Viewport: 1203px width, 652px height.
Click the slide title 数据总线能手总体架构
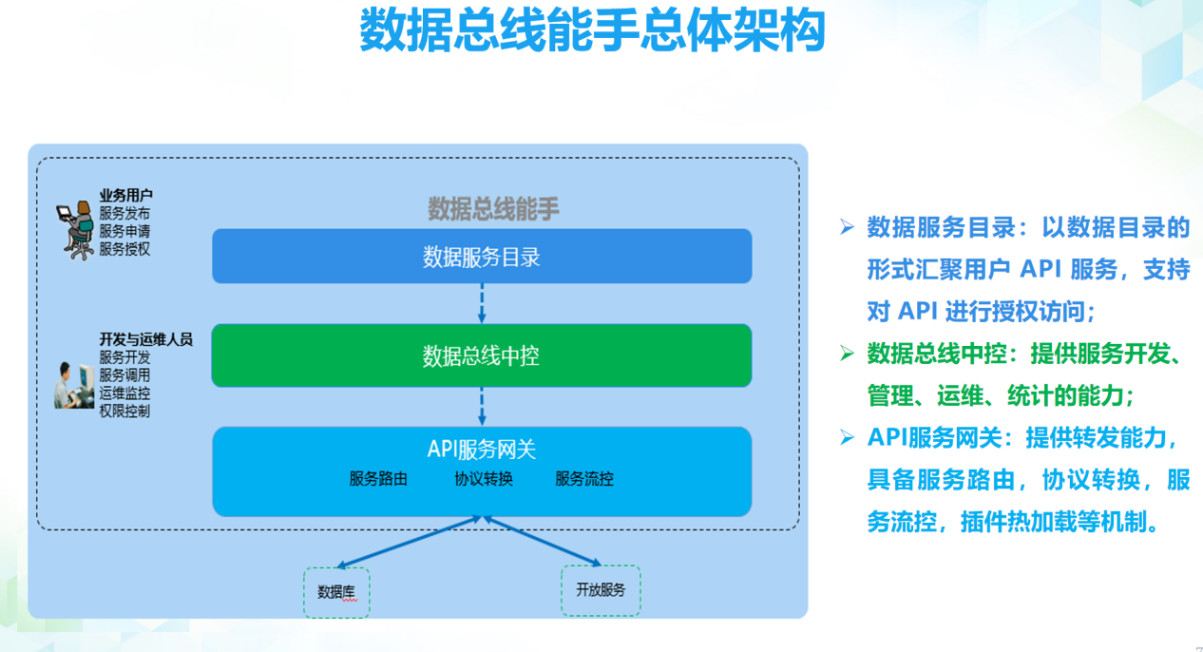(x=592, y=31)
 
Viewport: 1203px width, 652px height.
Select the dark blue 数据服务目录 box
(x=482, y=256)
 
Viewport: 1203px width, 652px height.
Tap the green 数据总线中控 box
(x=482, y=355)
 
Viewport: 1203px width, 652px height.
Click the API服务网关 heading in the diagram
(x=482, y=450)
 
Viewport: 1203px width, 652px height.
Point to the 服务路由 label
(x=378, y=479)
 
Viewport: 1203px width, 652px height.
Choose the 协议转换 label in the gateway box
(x=484, y=479)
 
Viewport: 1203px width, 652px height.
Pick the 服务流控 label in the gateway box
(x=584, y=479)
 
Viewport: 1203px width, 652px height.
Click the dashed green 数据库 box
(x=336, y=592)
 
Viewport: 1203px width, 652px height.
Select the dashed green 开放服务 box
(x=601, y=590)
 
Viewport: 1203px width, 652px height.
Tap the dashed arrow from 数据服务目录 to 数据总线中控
(x=482, y=303)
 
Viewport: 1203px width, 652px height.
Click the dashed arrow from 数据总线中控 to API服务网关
(x=482, y=407)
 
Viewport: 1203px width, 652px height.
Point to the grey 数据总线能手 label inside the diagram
(x=493, y=209)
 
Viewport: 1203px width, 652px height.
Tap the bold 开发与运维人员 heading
(x=145, y=339)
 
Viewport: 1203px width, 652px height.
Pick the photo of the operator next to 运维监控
(x=74, y=385)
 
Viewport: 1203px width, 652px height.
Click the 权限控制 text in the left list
(x=124, y=412)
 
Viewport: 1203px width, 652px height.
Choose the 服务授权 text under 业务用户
(x=124, y=250)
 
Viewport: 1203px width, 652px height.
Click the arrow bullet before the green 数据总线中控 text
(x=846, y=354)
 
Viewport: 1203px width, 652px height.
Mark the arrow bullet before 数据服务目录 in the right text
(x=846, y=227)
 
